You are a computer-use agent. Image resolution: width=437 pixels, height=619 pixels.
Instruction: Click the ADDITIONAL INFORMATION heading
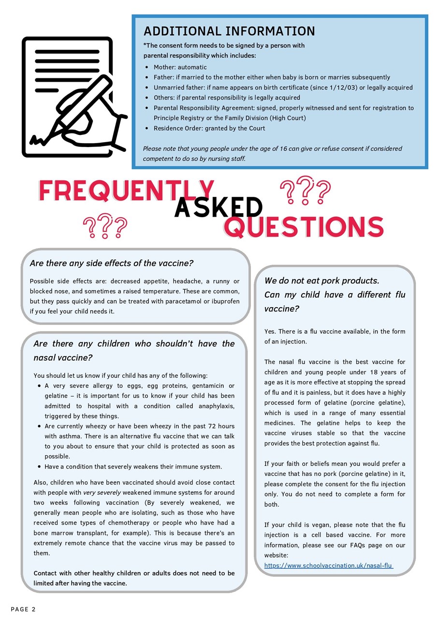(229, 31)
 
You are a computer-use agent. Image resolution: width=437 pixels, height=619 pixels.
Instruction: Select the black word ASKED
(218, 207)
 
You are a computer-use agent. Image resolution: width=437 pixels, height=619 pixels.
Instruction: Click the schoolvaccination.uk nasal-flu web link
(328, 565)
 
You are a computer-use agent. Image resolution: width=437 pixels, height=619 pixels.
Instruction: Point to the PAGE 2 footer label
(23, 609)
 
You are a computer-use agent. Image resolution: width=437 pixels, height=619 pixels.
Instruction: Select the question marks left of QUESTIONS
(105, 227)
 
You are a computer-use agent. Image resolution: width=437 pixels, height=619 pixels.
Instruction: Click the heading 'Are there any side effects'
(112, 264)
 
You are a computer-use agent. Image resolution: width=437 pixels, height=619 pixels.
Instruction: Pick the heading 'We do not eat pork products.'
(322, 280)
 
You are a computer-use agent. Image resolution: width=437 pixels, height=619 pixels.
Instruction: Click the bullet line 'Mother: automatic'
(180, 67)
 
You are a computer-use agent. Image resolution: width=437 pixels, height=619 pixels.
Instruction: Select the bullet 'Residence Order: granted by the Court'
(209, 128)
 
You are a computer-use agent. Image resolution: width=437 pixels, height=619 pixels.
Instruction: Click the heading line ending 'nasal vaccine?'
(63, 358)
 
